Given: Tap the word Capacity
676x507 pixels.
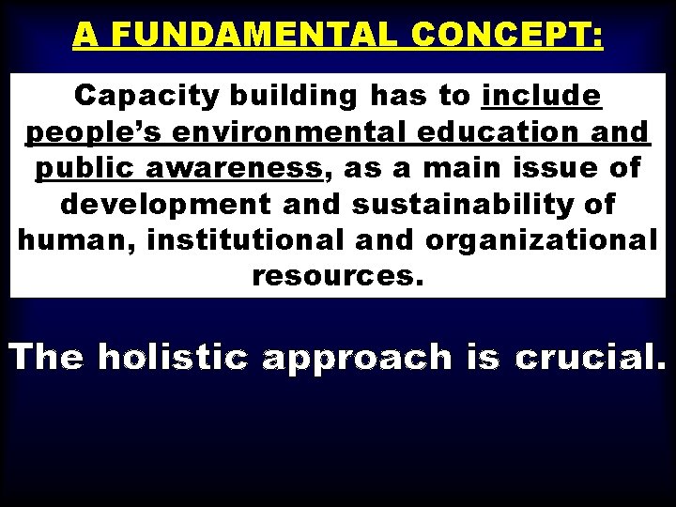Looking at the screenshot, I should [x=145, y=96].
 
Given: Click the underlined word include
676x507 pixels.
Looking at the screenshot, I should [x=542, y=96].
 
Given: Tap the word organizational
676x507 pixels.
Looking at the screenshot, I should [x=541, y=240].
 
